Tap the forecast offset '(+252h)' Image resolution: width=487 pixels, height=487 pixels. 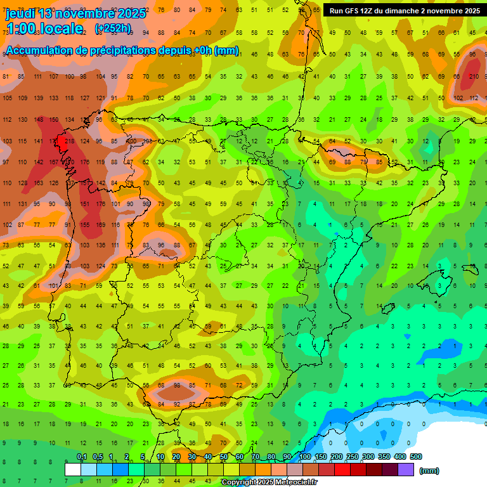click(113, 28)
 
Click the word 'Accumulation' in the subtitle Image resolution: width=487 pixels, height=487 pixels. click(42, 51)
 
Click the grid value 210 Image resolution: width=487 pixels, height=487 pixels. click(474, 77)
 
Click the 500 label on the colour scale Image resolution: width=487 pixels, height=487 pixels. click(415, 457)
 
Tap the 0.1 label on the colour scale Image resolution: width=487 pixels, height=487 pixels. click(82, 457)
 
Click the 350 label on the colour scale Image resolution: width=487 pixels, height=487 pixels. click(384, 457)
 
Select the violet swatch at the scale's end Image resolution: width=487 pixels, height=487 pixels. click(406, 469)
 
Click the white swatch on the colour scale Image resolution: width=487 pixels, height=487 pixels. click(73, 469)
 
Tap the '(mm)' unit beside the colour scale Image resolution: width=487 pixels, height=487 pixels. click(429, 471)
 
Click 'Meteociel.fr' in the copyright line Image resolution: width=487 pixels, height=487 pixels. click(295, 483)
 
